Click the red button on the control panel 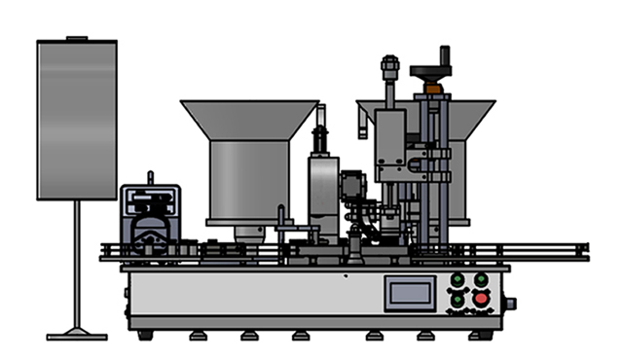coord(480,298)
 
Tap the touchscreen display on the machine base coord(409,292)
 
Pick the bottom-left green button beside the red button coord(457,298)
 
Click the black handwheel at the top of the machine coord(430,71)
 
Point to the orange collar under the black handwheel coord(431,89)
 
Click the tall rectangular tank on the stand coord(77,119)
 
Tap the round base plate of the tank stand coord(76,336)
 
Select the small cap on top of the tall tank coord(77,38)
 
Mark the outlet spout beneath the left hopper coord(250,233)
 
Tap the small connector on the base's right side coord(510,304)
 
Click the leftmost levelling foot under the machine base coord(146,336)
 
